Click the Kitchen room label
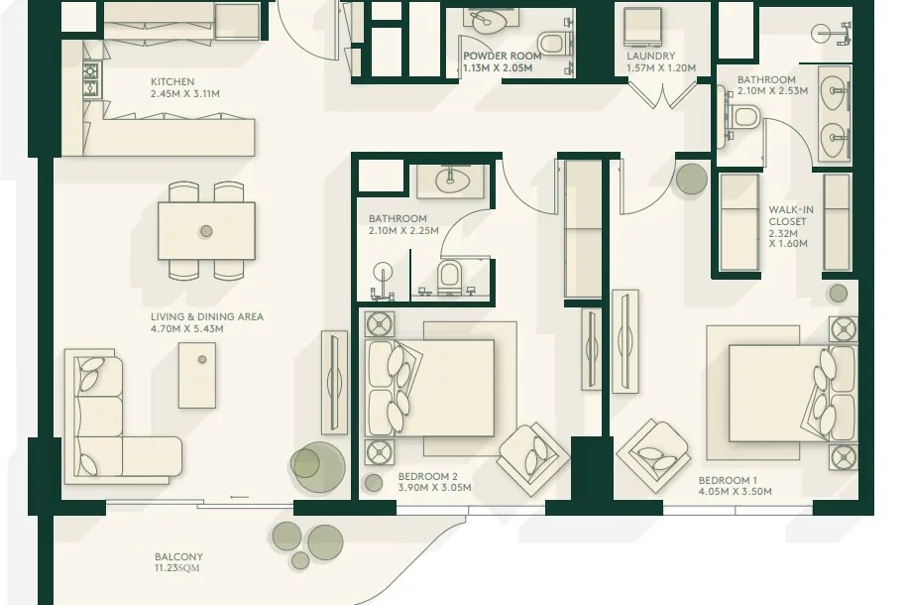pos(172,81)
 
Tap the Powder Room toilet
pos(551,43)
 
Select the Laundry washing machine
pos(642,27)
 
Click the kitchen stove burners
pos(91,80)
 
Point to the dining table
pos(207,231)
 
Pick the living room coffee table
pos(197,375)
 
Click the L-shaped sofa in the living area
pos(116,415)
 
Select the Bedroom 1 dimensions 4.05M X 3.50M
pos(735,491)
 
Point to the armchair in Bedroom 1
pos(654,455)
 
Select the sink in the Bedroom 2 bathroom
pos(448,181)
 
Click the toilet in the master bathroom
pos(743,118)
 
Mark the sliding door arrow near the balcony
pos(240,497)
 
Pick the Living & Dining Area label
pos(207,317)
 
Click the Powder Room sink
pos(482,22)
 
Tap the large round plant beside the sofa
pos(317,467)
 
